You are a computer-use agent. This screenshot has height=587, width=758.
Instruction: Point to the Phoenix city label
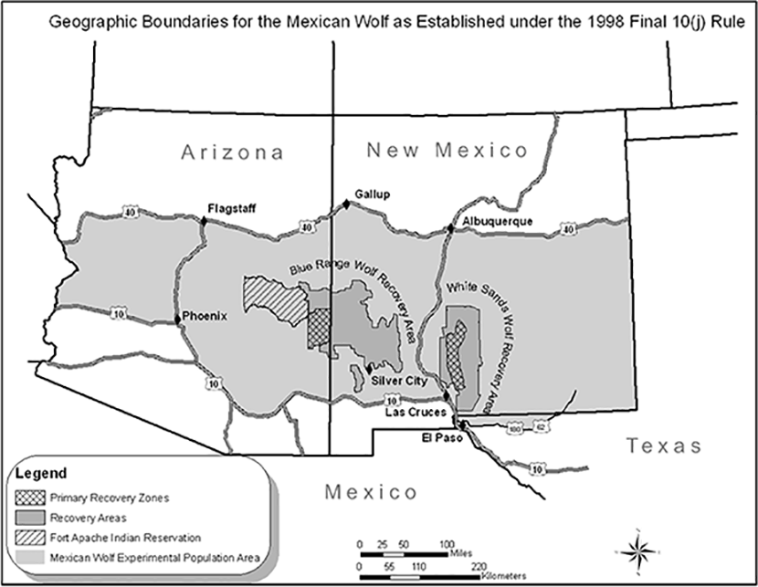(x=205, y=316)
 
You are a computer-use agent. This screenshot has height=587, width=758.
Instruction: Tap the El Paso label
(x=439, y=435)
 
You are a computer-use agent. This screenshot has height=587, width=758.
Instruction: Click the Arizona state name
(x=231, y=152)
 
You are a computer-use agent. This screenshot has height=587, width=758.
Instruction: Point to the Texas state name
(x=664, y=446)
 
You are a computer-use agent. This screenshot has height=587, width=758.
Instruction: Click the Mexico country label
(x=371, y=493)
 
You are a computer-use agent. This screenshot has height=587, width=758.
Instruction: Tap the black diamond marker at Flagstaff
(x=203, y=219)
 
